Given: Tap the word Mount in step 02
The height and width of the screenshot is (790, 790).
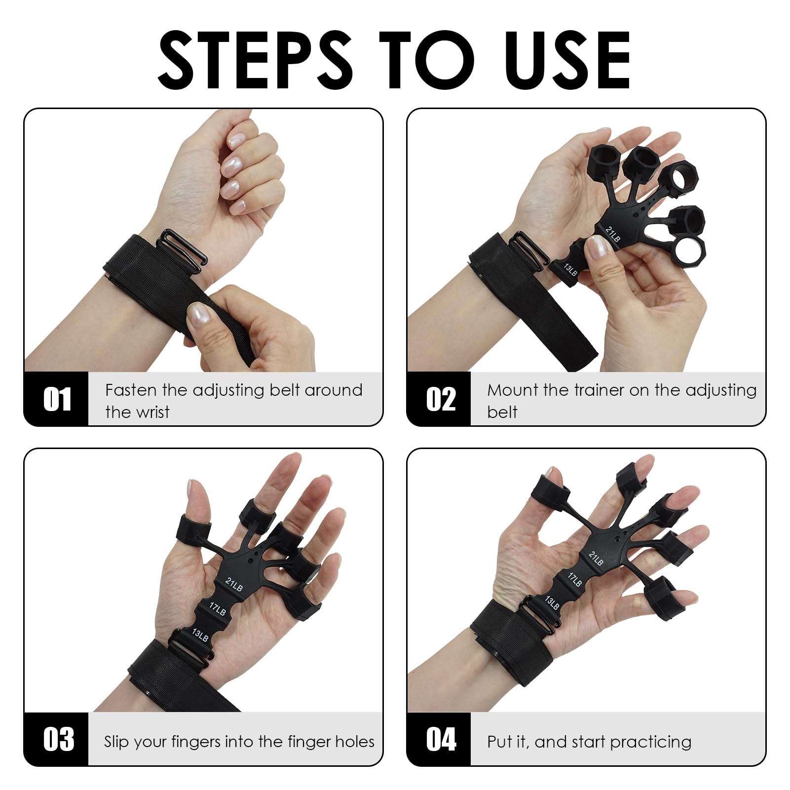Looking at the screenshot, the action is (x=513, y=390).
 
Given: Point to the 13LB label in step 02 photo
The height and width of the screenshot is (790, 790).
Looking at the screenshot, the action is (x=570, y=270).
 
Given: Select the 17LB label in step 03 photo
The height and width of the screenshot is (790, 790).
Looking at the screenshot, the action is (x=217, y=609).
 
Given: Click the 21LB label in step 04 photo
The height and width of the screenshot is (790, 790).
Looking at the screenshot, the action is (x=596, y=558).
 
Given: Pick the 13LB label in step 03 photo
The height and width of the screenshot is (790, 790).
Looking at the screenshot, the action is (x=200, y=635).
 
